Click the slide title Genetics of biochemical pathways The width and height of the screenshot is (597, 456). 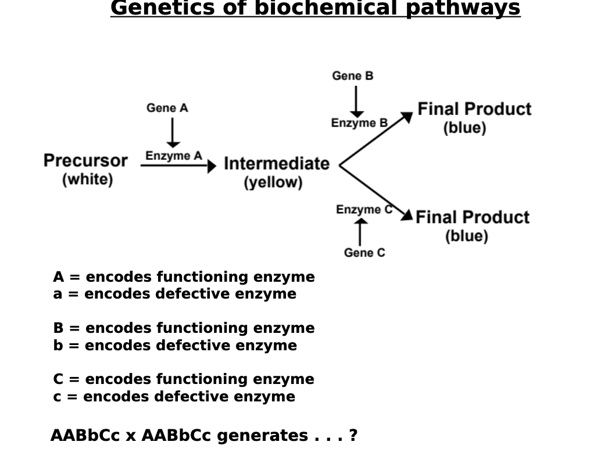point(315,9)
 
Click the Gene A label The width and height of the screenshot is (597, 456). point(167,108)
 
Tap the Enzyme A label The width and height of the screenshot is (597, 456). point(173,156)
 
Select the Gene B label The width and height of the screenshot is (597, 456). point(352,76)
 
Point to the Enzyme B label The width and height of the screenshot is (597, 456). point(359,123)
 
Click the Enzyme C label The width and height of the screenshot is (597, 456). point(363,210)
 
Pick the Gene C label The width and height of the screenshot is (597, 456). point(364,253)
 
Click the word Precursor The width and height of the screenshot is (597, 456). point(85,161)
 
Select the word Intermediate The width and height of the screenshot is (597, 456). point(276,164)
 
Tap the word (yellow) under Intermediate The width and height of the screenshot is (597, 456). point(273,182)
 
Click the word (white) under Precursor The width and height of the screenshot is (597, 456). point(87,179)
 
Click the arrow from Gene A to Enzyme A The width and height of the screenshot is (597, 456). point(173,132)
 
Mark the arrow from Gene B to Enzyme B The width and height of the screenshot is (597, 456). point(356,101)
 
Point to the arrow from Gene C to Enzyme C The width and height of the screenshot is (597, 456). point(360,232)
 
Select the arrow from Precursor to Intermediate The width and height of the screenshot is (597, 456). point(178,166)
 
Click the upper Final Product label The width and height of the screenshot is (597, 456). point(474,109)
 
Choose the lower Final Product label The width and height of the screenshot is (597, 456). point(472,217)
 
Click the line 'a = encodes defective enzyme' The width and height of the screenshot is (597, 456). point(174,294)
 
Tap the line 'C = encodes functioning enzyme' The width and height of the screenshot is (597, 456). point(183,379)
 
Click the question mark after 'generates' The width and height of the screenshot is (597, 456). point(353,436)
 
